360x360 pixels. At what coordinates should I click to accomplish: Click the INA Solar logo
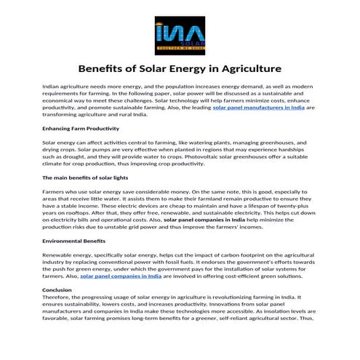pyautogui.click(x=180, y=33)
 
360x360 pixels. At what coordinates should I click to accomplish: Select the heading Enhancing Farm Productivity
pyautogui.click(x=81, y=128)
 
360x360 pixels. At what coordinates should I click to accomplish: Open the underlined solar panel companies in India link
pyautogui.click(x=141, y=276)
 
